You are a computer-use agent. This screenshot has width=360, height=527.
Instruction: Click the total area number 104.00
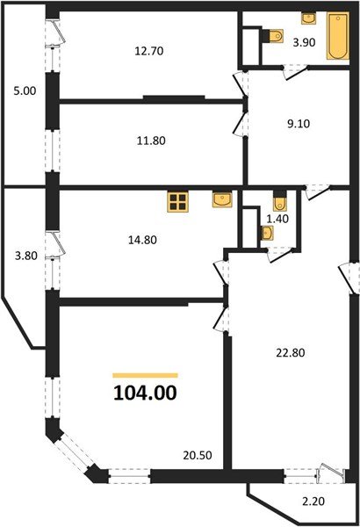click(x=145, y=393)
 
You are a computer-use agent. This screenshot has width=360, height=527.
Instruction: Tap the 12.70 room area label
click(x=149, y=51)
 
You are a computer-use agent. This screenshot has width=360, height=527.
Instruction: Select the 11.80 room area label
click(x=151, y=141)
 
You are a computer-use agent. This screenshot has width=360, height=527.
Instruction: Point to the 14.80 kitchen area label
click(x=142, y=240)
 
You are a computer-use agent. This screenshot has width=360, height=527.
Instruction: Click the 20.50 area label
click(x=198, y=455)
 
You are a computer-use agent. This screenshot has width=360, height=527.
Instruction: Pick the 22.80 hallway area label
click(x=291, y=353)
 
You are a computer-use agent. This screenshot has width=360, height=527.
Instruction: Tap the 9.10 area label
click(x=299, y=124)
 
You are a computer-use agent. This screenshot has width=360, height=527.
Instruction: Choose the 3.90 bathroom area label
click(x=304, y=43)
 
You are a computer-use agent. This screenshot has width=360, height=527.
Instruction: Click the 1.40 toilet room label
click(x=277, y=219)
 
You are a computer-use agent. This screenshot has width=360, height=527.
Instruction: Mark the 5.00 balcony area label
click(x=25, y=90)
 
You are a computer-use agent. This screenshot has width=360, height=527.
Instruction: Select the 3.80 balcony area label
click(x=25, y=256)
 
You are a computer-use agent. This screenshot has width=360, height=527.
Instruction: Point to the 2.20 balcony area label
click(x=313, y=502)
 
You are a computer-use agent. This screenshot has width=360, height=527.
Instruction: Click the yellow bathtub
click(x=338, y=36)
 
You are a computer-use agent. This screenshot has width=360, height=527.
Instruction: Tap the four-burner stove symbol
click(x=177, y=202)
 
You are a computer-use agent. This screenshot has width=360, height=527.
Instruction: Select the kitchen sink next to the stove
click(x=222, y=199)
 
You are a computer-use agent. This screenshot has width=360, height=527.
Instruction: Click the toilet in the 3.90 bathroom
click(x=274, y=36)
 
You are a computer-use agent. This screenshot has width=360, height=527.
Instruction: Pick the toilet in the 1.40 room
click(x=280, y=201)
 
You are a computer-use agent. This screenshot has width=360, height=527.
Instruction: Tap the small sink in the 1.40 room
click(x=267, y=233)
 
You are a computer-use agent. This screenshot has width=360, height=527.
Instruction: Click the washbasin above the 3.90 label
click(x=308, y=18)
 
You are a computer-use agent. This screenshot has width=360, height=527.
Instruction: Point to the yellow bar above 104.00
click(x=145, y=376)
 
